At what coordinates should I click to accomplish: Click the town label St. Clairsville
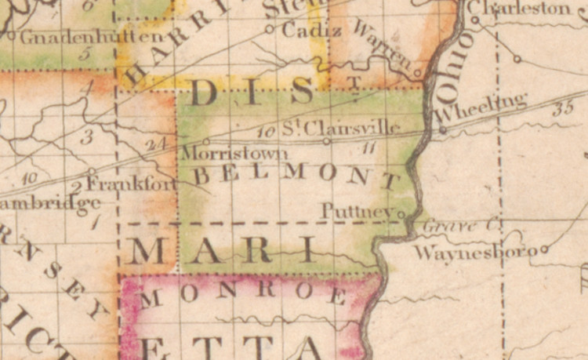point(341,127)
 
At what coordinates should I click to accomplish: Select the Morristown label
point(216,152)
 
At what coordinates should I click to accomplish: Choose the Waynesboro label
point(476,253)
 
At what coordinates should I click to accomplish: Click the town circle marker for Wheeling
point(443,130)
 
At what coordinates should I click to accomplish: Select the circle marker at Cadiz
point(269,29)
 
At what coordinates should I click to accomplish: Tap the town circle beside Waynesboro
point(544,249)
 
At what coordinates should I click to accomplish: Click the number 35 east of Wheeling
point(561,110)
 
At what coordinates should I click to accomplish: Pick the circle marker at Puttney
point(401,213)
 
